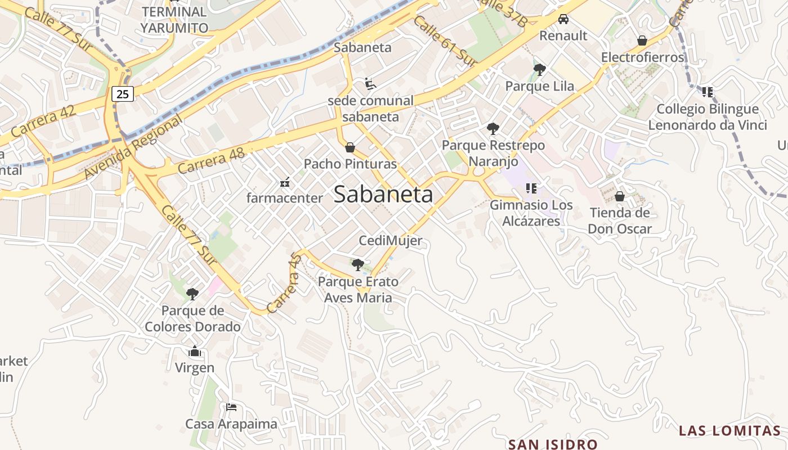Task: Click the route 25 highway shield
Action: pos(123,94)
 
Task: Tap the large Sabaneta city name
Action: pos(383,194)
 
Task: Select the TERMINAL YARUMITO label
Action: pos(174,19)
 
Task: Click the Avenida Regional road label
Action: pos(133,147)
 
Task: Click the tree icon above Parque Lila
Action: pos(539,70)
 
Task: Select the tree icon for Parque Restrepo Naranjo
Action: pos(493,129)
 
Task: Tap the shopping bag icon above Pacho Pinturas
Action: pos(350,147)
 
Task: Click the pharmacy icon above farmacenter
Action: pos(285,182)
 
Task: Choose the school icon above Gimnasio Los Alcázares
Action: pos(531,188)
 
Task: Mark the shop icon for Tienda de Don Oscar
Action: pos(620,196)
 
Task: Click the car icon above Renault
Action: pos(563,19)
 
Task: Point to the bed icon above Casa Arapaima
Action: pos(231,407)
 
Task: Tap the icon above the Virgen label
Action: pos(195,352)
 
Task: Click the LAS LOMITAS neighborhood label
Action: pos(729,431)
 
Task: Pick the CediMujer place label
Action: pos(391,241)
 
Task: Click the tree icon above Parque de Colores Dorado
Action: pos(192,294)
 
